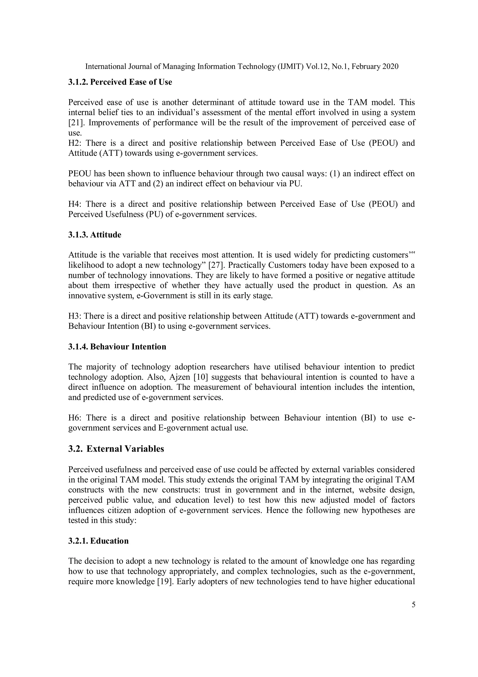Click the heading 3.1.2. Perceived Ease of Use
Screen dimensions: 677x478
(120, 82)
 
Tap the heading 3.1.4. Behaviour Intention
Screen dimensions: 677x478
(117, 347)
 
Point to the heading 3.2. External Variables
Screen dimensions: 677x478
(116, 449)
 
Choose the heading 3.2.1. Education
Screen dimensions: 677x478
(99, 541)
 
